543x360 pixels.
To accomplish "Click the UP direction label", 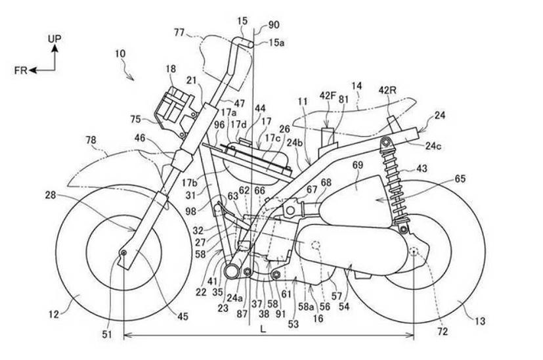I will click(x=55, y=39).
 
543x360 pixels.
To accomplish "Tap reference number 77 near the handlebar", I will click(x=180, y=30).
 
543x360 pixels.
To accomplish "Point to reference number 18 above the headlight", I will click(x=171, y=68).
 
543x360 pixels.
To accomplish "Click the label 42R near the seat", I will click(x=387, y=90).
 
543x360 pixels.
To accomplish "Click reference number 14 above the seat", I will click(x=357, y=85).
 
